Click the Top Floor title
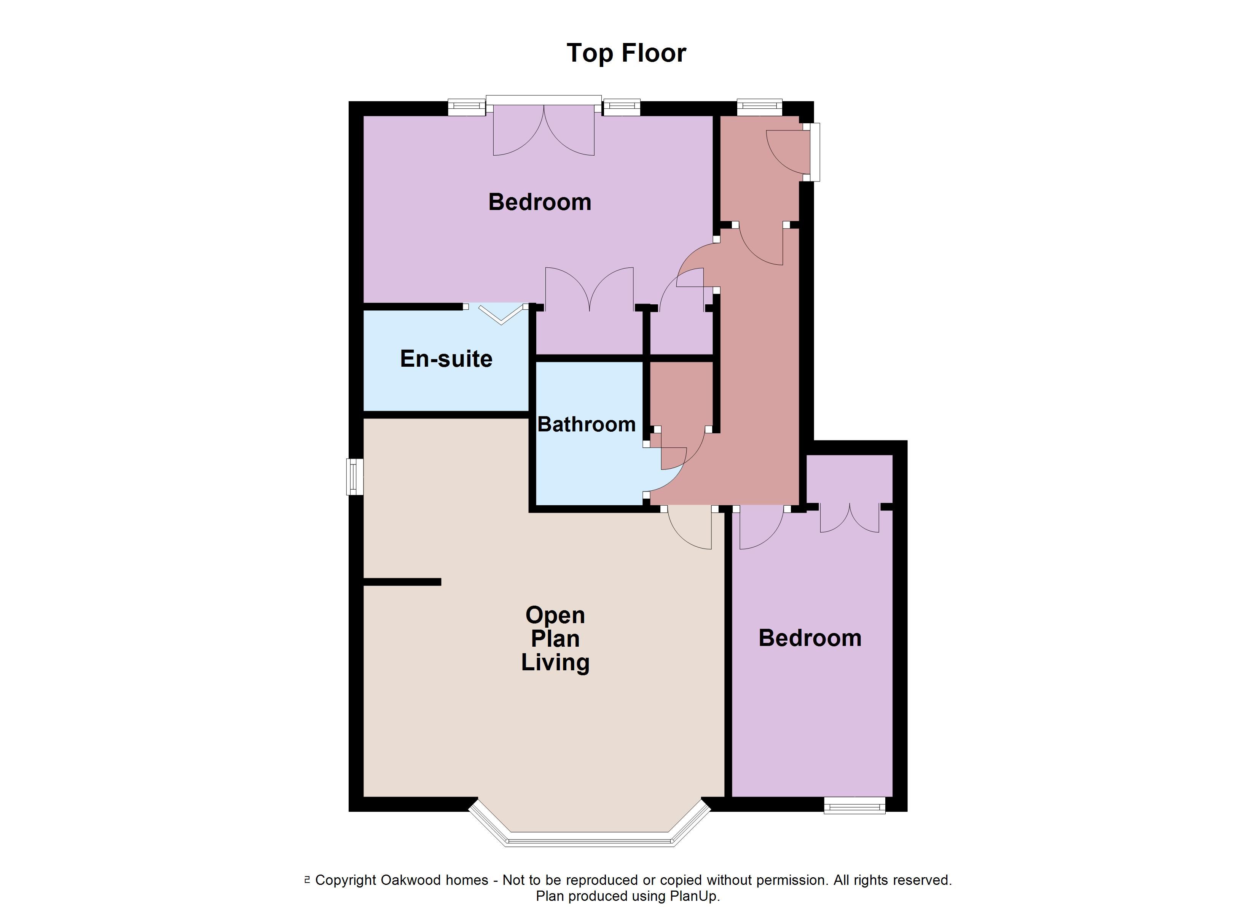[626, 53]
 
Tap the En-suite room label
[446, 359]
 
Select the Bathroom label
[587, 424]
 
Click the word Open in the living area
[555, 616]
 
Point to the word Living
[555, 663]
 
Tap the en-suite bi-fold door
[500, 314]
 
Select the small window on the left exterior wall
[354, 476]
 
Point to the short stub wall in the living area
[402, 582]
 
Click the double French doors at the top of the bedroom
[544, 130]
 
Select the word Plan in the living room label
[555, 639]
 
